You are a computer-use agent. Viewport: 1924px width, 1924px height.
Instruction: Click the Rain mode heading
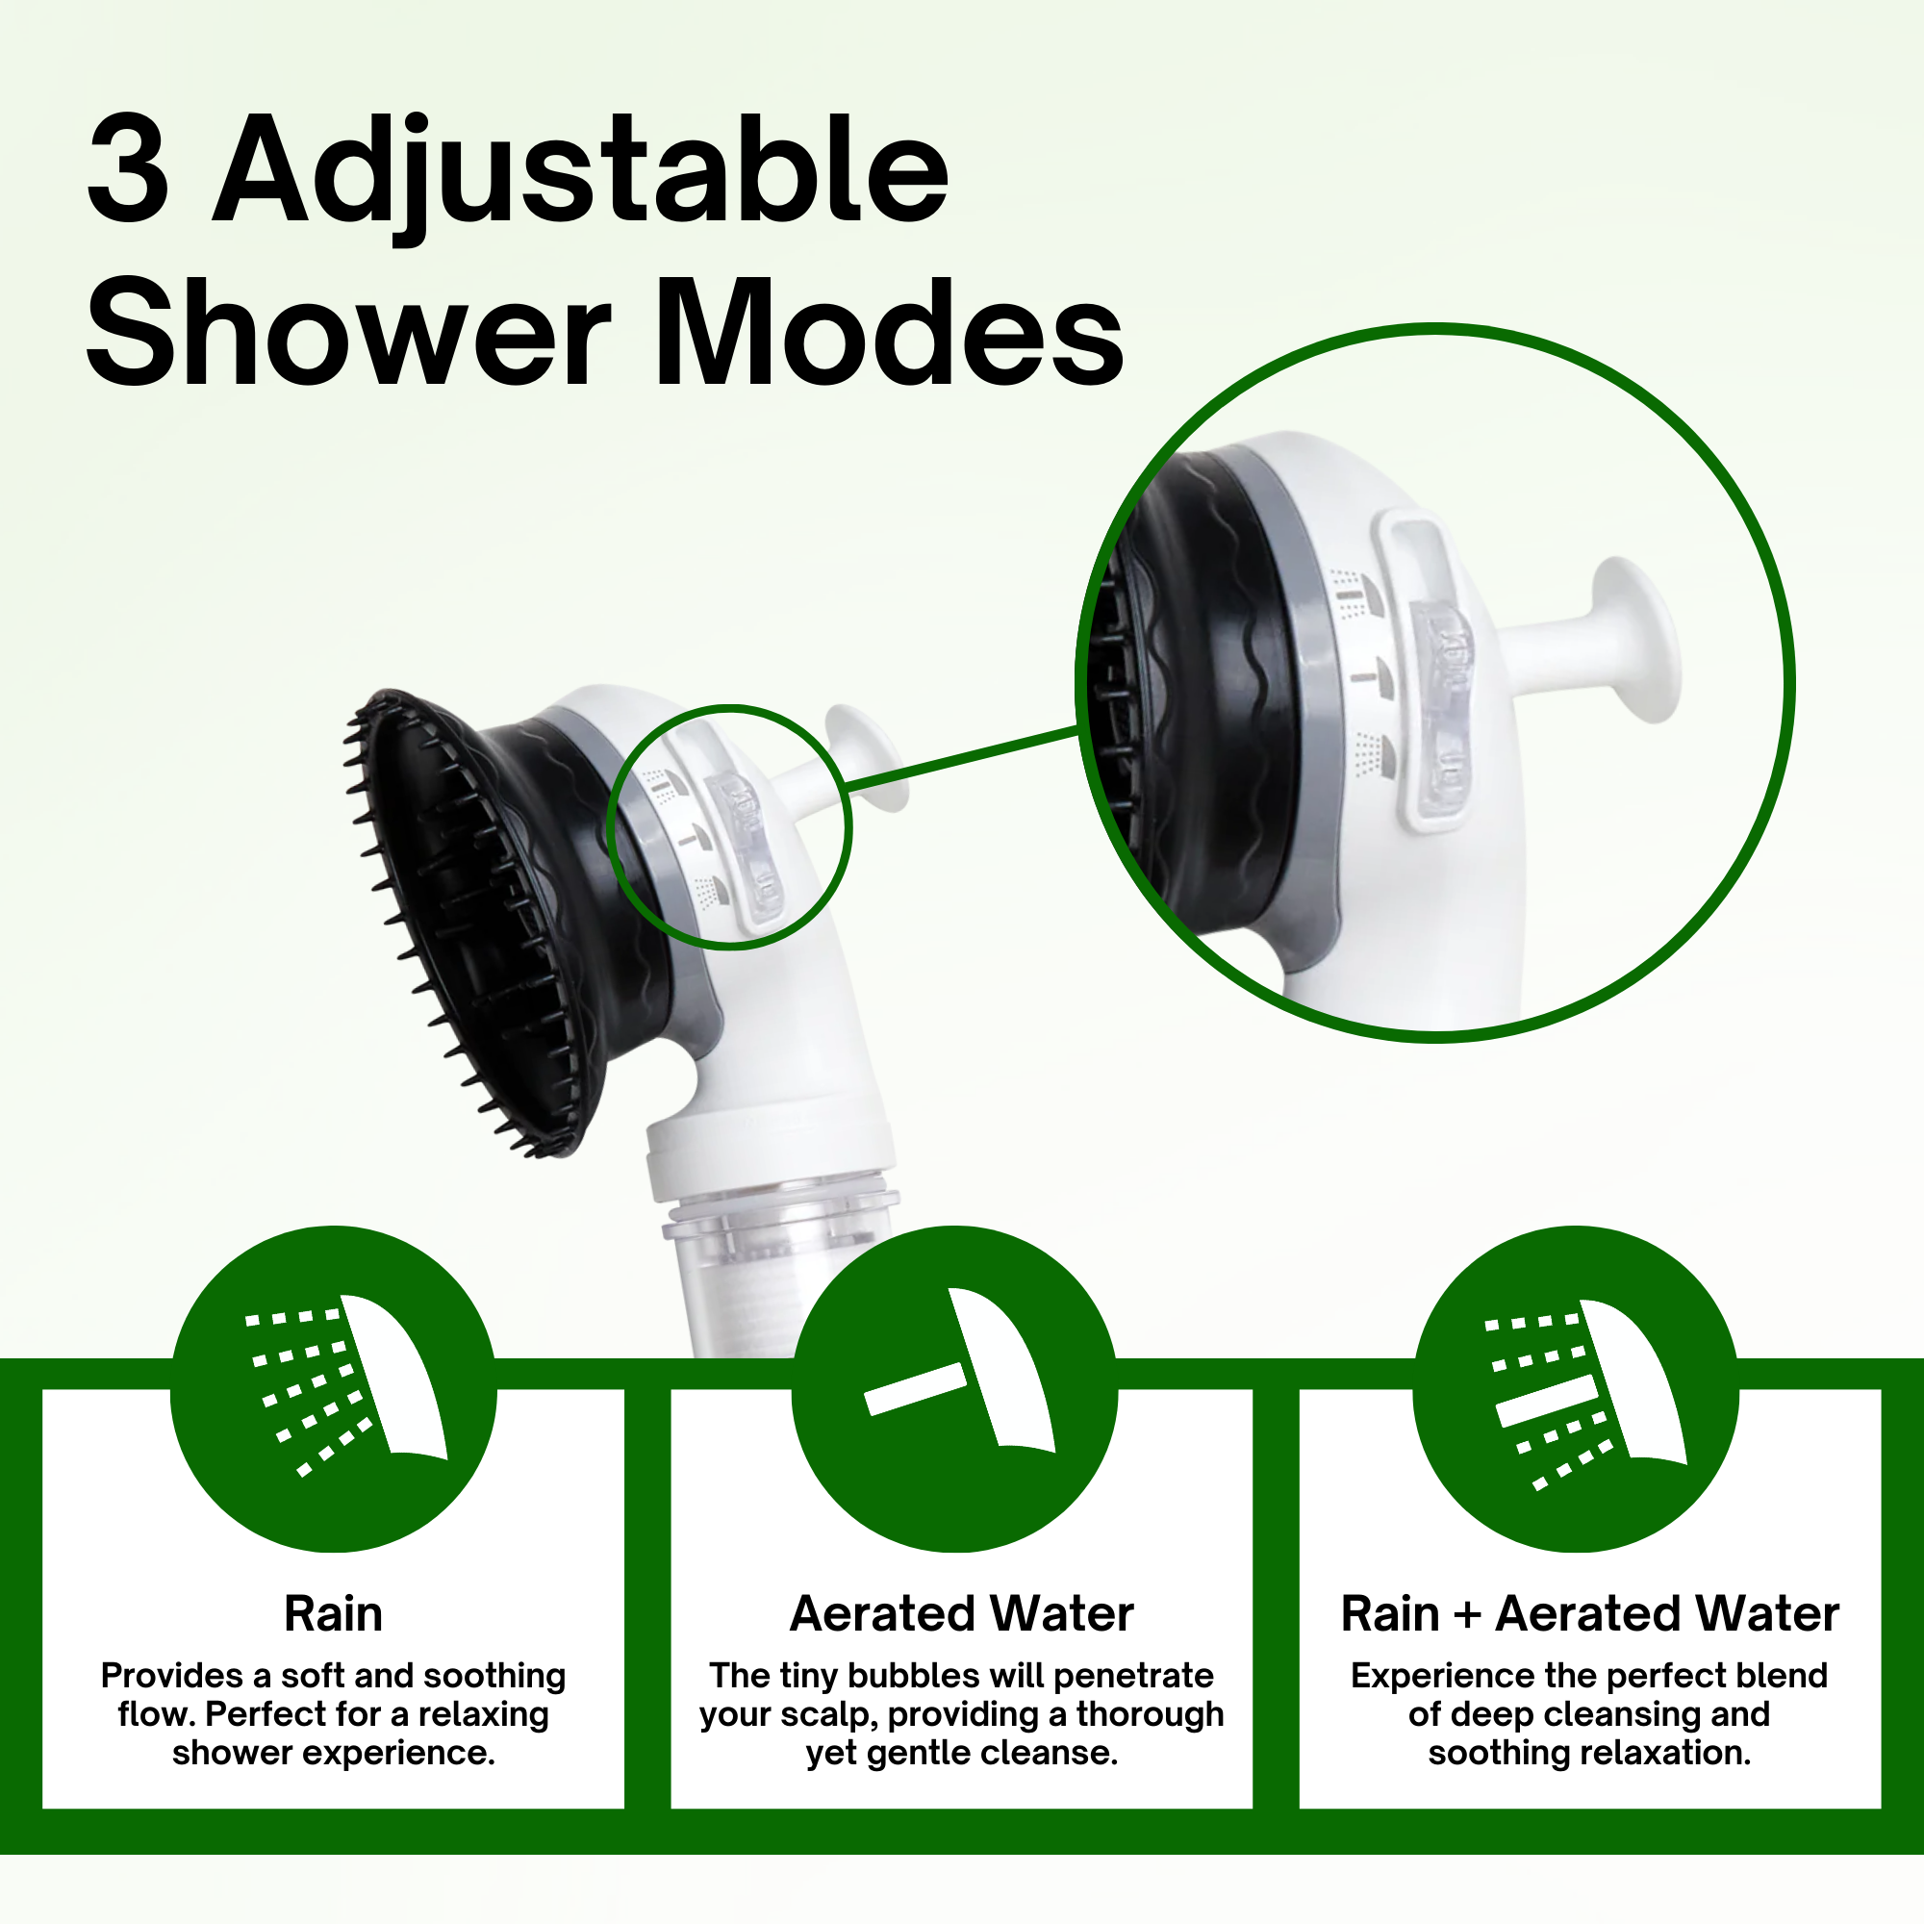coord(333,1613)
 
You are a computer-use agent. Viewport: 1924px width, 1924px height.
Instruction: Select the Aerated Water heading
coord(961,1613)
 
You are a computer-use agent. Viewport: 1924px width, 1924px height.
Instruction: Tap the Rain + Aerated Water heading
coord(1589,1613)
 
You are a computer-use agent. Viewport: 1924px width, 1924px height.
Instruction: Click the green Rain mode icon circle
coord(333,1389)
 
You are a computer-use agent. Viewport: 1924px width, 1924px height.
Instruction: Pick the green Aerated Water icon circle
coord(954,1389)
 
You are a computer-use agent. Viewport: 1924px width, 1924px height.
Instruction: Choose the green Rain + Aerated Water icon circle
coord(1576,1389)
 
